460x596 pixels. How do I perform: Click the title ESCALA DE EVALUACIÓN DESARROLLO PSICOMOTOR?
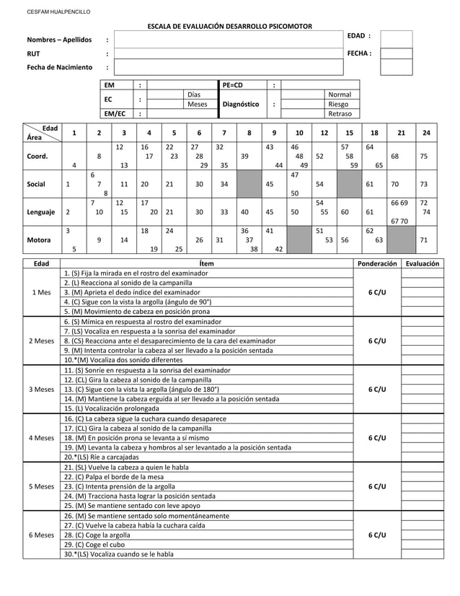[230, 27]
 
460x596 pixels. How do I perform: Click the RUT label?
[34, 53]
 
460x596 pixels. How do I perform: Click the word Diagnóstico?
[241, 104]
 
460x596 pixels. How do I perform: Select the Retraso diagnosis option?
[340, 114]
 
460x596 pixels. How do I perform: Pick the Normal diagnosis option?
[340, 95]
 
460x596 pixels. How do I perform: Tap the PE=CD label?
[233, 85]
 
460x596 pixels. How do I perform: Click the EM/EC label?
[115, 113]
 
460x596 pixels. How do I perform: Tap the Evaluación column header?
[422, 264]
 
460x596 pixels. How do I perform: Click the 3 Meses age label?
[40, 390]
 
